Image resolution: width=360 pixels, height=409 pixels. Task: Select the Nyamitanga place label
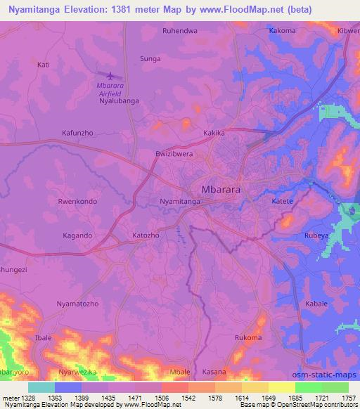pos(181,202)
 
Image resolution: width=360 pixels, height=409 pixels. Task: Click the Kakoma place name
pos(283,31)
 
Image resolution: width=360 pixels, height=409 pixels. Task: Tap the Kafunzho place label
pos(78,132)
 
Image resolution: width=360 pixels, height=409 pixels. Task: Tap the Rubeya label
pos(316,236)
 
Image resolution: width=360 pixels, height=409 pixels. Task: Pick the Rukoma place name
pos(248,338)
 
